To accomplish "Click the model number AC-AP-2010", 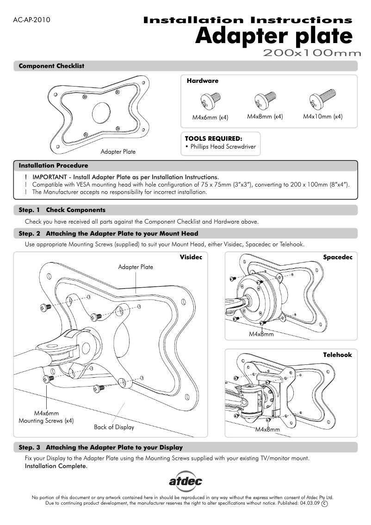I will pyautogui.click(x=32, y=20).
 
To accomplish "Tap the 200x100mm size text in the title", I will pyautogui.click(x=312, y=53).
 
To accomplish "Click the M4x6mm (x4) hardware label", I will pyautogui.click(x=210, y=117).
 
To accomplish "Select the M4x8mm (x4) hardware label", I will pyautogui.click(x=265, y=117).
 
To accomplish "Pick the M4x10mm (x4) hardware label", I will pyautogui.click(x=322, y=117).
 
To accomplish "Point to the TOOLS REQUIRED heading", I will pyautogui.click(x=213, y=138).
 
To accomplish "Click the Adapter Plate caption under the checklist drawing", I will pyautogui.click(x=118, y=151).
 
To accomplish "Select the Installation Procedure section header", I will pyautogui.click(x=53, y=165).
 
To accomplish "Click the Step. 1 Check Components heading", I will pyautogui.click(x=62, y=210).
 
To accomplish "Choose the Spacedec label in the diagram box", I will pyautogui.click(x=338, y=257).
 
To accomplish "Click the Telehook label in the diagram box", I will pyautogui.click(x=337, y=355).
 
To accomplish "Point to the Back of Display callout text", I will pyautogui.click(x=114, y=427).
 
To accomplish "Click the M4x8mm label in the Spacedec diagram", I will pyautogui.click(x=261, y=334).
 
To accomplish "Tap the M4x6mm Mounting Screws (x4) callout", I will pyautogui.click(x=46, y=417).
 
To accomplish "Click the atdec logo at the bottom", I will pyautogui.click(x=185, y=482).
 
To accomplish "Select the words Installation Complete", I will pyautogui.click(x=56, y=466).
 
